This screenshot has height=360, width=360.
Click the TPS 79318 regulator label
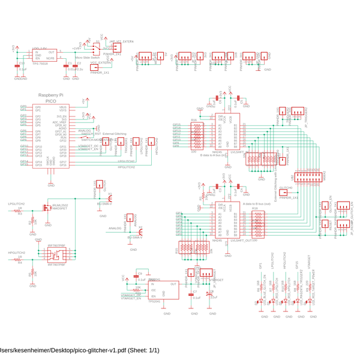(x=40, y=63)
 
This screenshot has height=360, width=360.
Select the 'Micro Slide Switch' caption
(x=87, y=58)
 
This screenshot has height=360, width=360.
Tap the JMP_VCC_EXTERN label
(x=122, y=41)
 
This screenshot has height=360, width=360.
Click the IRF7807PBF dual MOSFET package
(x=56, y=255)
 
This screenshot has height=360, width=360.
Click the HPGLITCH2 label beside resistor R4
(x=17, y=253)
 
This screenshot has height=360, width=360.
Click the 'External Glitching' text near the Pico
(x=115, y=134)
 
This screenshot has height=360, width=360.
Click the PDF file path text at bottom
(x=79, y=350)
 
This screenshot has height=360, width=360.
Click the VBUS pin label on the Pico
(x=63, y=107)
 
